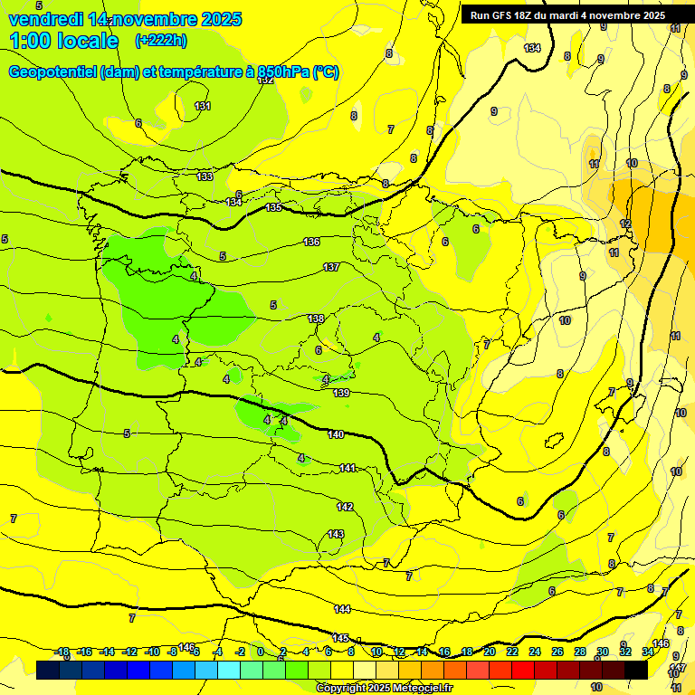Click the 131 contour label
point(203,106)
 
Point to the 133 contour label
point(205,176)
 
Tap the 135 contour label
point(273,208)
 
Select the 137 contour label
point(331,267)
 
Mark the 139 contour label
point(341,393)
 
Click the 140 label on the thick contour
point(336,435)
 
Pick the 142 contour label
point(345,507)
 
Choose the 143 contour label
point(336,535)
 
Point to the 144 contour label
point(341,609)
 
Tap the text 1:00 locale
point(64,41)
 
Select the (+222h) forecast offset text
point(161,41)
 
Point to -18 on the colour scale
point(62,652)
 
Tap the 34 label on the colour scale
point(648,652)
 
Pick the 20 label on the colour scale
point(489,652)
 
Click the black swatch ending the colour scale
point(636,669)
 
